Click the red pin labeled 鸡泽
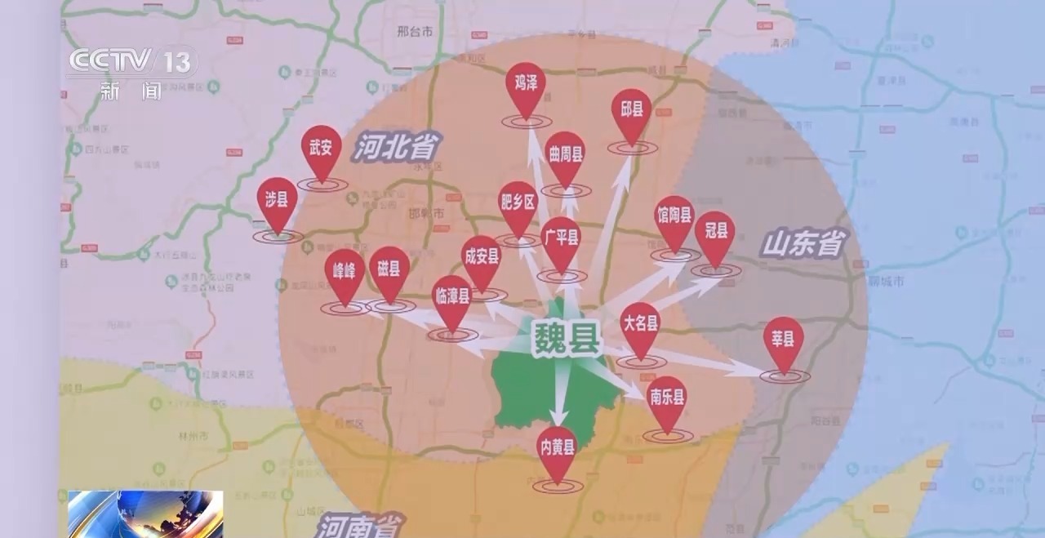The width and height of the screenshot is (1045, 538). pyautogui.click(x=526, y=84)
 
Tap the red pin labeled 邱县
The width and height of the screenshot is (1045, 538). pyautogui.click(x=632, y=111)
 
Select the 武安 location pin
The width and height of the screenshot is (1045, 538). pyautogui.click(x=322, y=149)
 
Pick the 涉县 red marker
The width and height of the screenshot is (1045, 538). pyautogui.click(x=277, y=201)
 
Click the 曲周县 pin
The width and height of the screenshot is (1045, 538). pyautogui.click(x=566, y=154)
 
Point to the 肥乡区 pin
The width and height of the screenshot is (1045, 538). pyautogui.click(x=518, y=203)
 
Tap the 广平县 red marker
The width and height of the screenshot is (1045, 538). pyautogui.click(x=562, y=239)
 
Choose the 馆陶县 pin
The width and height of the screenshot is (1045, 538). pyautogui.click(x=675, y=218)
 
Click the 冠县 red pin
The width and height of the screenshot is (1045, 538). pyautogui.click(x=715, y=233)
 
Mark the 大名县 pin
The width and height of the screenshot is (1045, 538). pyautogui.click(x=640, y=324)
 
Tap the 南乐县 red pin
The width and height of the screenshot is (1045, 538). pyautogui.click(x=667, y=399)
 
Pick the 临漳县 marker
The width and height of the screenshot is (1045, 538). pyautogui.click(x=452, y=298)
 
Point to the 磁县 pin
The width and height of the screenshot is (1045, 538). pyautogui.click(x=389, y=269)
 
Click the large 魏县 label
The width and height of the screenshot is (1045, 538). pyautogui.click(x=566, y=336)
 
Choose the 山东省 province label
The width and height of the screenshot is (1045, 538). pyautogui.click(x=803, y=243)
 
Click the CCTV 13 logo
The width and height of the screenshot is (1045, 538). pyautogui.click(x=133, y=62)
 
